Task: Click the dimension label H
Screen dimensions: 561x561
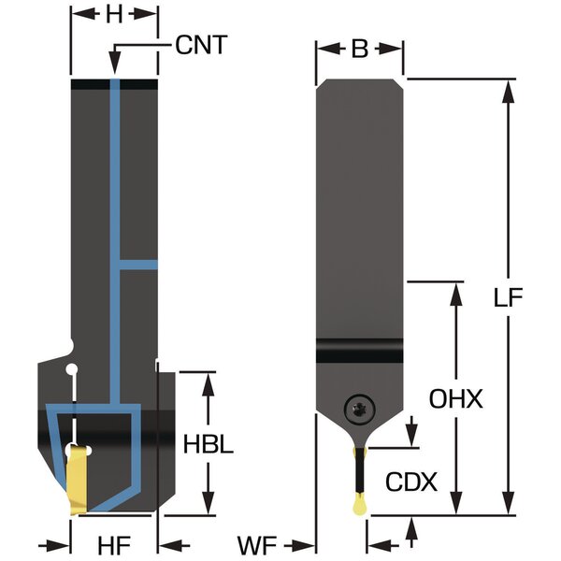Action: [114, 15]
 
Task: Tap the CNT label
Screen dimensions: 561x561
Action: [201, 44]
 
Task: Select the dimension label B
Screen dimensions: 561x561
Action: [359, 50]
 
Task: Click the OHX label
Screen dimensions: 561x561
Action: [456, 399]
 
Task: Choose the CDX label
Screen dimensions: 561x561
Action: [411, 482]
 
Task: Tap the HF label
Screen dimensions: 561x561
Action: [114, 543]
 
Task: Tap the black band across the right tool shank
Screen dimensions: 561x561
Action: [359, 354]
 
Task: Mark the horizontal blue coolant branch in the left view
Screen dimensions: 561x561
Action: [138, 266]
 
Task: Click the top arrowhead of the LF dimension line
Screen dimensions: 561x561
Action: [508, 88]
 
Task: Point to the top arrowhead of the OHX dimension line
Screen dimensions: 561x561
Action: [456, 287]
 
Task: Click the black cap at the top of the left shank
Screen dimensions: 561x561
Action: [114, 84]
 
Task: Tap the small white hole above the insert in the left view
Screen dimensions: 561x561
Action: [70, 372]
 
